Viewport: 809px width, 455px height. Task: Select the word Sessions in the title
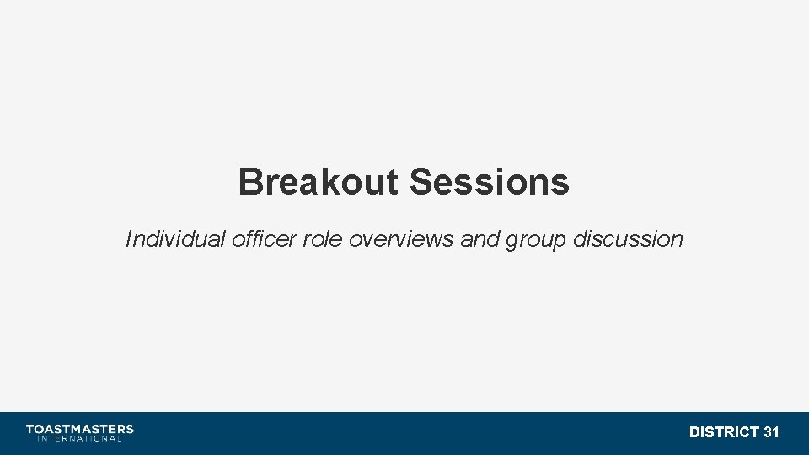tap(490, 182)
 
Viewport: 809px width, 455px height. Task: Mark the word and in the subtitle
tap(480, 239)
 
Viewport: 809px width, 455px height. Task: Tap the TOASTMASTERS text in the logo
tap(80, 429)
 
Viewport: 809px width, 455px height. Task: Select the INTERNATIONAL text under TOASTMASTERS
tap(80, 438)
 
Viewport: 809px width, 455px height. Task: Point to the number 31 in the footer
tap(771, 432)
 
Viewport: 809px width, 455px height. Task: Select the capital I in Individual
tap(128, 239)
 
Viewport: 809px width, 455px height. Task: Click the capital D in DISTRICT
tap(694, 432)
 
